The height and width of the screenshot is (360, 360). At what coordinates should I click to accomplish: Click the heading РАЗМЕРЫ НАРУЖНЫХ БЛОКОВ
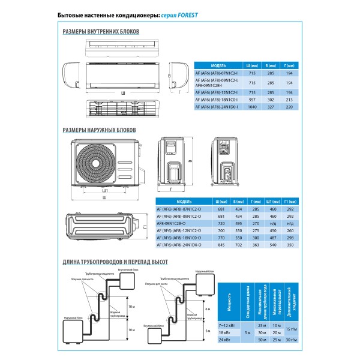pos(100,130)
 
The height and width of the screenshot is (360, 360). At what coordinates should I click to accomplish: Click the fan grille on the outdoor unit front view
pos(98,161)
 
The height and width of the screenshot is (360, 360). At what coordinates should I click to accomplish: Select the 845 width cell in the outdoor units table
pos(220,245)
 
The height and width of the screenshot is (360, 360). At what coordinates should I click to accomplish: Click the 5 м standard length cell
pos(246,332)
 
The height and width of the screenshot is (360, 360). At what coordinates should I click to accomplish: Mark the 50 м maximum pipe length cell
pos(261,341)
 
